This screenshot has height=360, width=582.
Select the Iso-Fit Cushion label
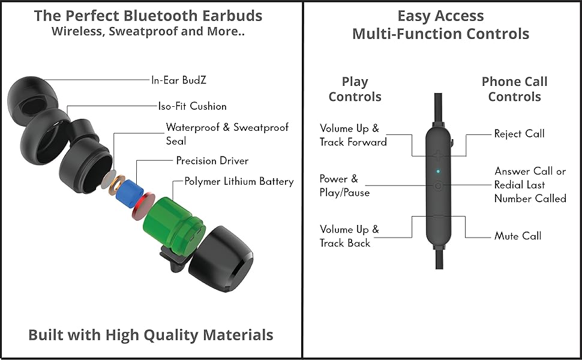pyautogui.click(x=192, y=106)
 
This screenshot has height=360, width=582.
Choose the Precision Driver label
pyautogui.click(x=212, y=161)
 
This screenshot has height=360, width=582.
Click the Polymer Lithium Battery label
pyautogui.click(x=239, y=181)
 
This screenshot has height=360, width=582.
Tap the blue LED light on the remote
pyautogui.click(x=438, y=172)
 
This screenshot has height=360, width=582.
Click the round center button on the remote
pyautogui.click(x=438, y=185)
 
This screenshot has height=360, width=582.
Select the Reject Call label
pyautogui.click(x=519, y=134)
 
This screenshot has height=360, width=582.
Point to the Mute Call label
pyautogui.click(x=518, y=236)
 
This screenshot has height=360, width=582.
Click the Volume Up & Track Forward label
pyautogui.click(x=352, y=135)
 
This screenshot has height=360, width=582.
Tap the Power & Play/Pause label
pyautogui.click(x=344, y=185)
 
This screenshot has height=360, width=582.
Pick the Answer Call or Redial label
pyautogui.click(x=530, y=184)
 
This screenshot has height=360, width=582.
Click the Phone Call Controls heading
pyautogui.click(x=514, y=89)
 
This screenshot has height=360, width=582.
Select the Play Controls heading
pyautogui.click(x=355, y=89)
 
